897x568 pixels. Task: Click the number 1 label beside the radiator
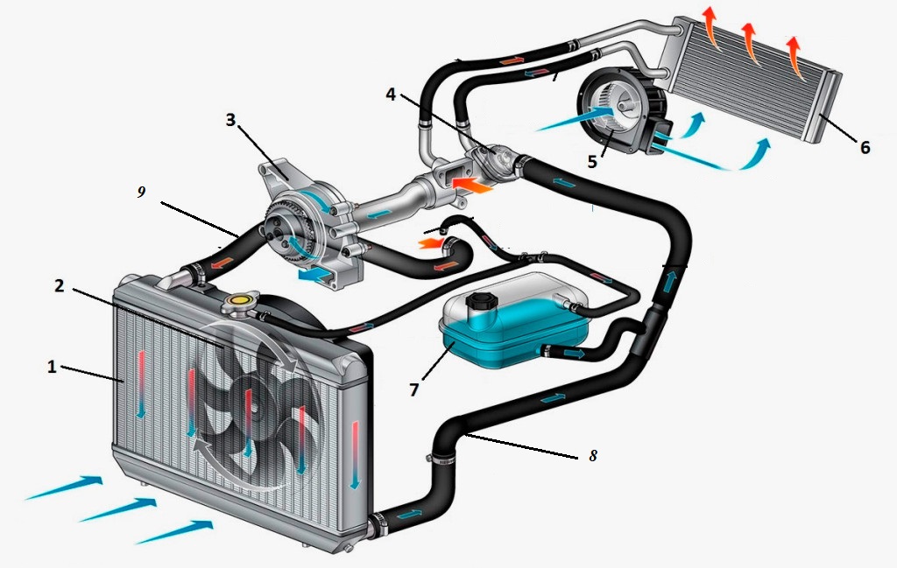52,367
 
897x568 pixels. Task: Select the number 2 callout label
58,285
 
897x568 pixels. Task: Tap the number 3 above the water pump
231,120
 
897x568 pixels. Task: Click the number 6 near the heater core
865,147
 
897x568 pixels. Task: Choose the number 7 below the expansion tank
413,388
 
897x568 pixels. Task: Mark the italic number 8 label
593,456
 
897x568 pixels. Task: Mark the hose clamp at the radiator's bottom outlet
378,526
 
